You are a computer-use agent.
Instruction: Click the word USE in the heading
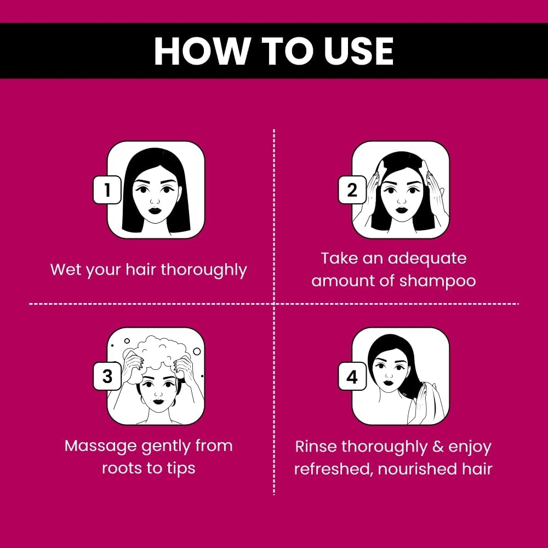358,51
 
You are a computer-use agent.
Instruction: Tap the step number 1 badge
107,190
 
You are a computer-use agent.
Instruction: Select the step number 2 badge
352,190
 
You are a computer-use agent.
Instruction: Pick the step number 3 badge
107,376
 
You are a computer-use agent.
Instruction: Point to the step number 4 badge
352,376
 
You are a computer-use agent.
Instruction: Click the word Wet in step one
66,270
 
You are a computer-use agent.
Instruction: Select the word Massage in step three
101,447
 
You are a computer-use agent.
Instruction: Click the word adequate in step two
427,259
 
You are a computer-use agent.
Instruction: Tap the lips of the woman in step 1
155,211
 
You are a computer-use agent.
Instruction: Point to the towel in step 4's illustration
433,402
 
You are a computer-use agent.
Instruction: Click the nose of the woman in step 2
401,201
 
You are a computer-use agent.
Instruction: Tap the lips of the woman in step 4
388,382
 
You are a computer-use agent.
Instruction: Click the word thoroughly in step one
204,270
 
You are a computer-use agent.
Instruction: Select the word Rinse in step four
316,447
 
